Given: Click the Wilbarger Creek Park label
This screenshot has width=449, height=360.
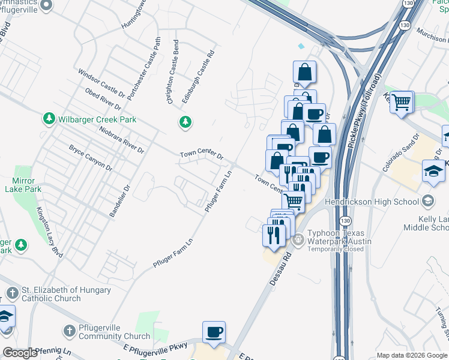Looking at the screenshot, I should tap(98, 119).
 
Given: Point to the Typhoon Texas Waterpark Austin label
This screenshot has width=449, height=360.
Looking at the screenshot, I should tap(339, 237).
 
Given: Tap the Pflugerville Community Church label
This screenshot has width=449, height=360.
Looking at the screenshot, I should tap(115, 332).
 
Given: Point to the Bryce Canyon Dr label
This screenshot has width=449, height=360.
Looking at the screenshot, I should tap(90, 157).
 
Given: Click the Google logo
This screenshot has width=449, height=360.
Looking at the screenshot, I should tap(20, 353).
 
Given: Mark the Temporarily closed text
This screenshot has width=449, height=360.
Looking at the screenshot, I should tap(336, 249).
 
